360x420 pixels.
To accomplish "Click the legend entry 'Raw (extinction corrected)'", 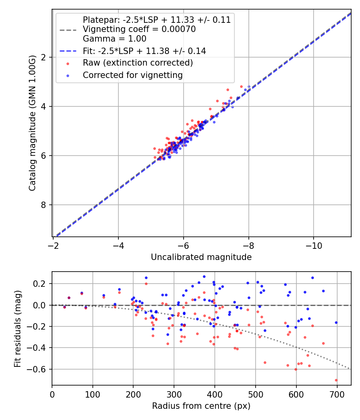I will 138,63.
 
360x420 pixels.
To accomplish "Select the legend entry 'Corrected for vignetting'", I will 132,75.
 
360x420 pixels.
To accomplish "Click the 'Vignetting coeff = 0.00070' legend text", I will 139,29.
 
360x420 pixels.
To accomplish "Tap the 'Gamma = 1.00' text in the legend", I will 114,39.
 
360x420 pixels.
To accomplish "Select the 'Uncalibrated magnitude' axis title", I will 201,257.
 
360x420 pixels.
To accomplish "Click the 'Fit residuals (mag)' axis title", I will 18,329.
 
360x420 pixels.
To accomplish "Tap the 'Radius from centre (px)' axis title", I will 201,406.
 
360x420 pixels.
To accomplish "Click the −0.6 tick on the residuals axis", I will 39,369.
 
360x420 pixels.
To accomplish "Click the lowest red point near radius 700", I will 336,380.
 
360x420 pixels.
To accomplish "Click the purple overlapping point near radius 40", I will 69,298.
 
